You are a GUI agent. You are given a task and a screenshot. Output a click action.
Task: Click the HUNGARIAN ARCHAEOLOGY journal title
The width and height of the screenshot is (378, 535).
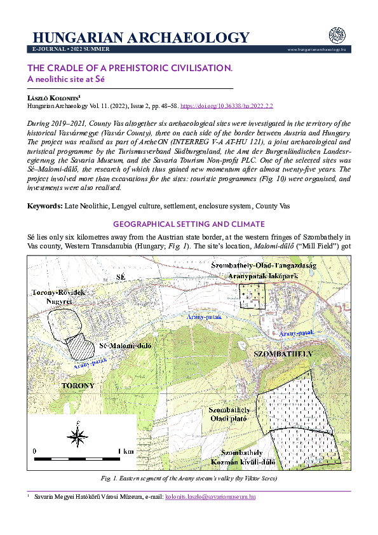coord(140,37)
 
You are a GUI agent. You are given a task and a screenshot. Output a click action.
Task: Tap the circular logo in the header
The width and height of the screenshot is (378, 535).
coord(336,36)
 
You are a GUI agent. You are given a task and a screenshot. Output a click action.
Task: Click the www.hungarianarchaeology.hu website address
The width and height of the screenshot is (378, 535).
coord(316,49)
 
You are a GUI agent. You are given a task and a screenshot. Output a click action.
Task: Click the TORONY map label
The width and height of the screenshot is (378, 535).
coord(78,385)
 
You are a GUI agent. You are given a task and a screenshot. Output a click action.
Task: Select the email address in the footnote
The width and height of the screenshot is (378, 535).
coord(210,496)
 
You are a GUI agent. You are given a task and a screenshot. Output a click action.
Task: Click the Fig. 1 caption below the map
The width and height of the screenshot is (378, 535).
coord(189,478)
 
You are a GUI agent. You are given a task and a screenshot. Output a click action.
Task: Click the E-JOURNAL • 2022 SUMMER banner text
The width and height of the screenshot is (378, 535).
coord(71,49)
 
